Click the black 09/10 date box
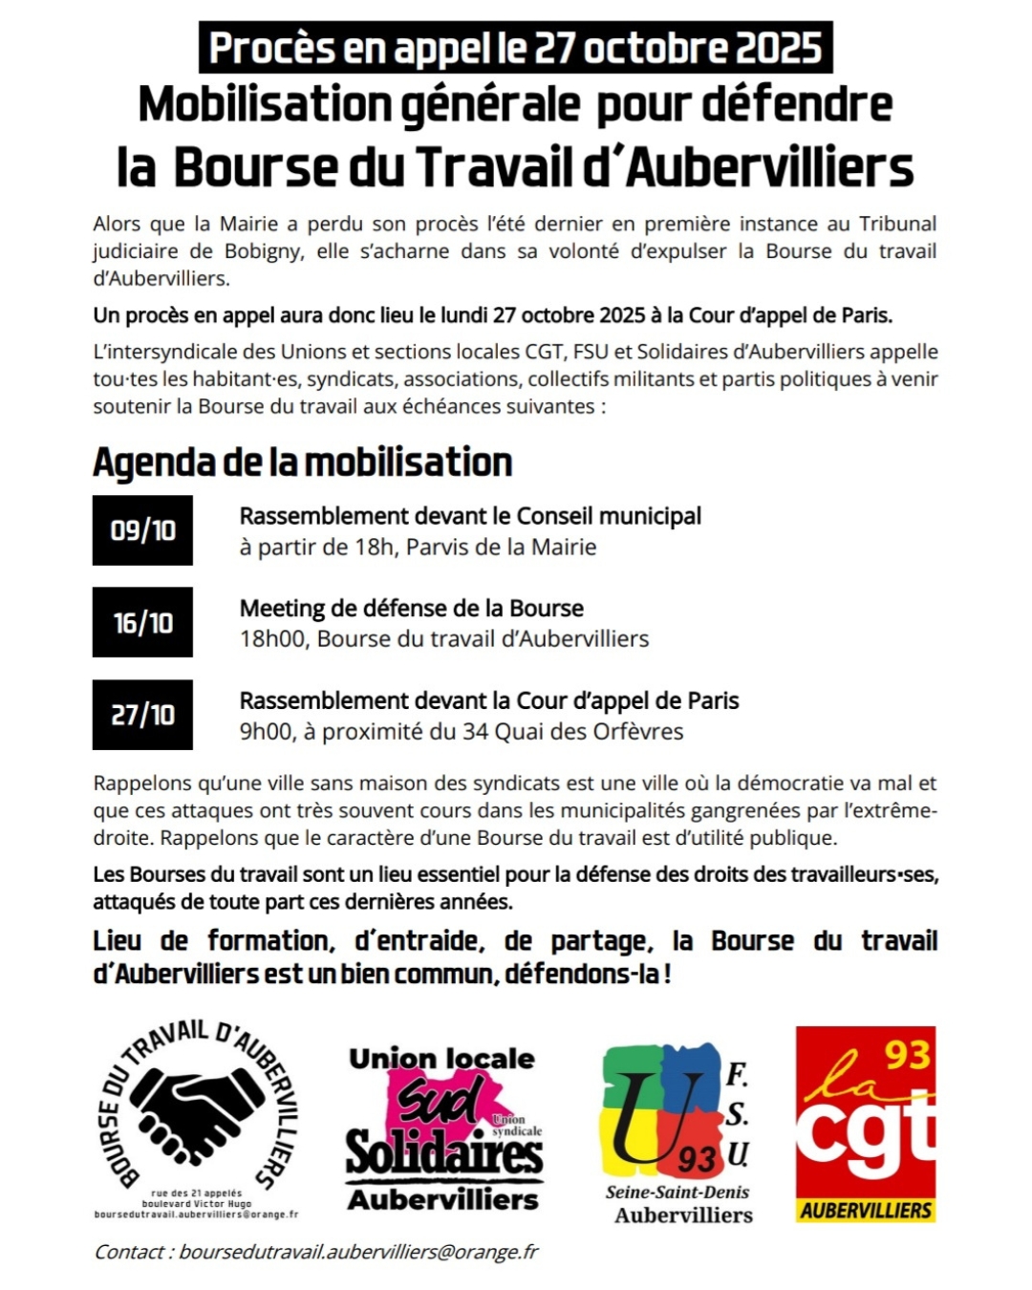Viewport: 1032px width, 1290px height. pyautogui.click(x=142, y=530)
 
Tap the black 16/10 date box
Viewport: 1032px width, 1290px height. pyautogui.click(x=142, y=623)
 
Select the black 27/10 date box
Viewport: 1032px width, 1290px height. pyautogui.click(x=142, y=715)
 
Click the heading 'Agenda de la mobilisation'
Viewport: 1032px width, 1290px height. pyautogui.click(x=303, y=462)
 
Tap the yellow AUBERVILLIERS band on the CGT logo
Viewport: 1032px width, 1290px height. pyautogui.click(x=866, y=1210)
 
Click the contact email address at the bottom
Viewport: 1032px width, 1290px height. pyautogui.click(x=358, y=1252)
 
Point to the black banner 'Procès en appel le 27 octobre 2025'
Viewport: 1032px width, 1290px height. pyautogui.click(x=516, y=48)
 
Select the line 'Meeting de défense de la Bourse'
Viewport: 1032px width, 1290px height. pyautogui.click(x=411, y=609)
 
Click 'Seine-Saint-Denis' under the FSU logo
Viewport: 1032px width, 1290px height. pyautogui.click(x=677, y=1192)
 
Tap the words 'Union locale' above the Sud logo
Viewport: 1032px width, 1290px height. pyautogui.click(x=441, y=1059)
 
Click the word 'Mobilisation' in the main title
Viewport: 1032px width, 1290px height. pyautogui.click(x=265, y=104)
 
